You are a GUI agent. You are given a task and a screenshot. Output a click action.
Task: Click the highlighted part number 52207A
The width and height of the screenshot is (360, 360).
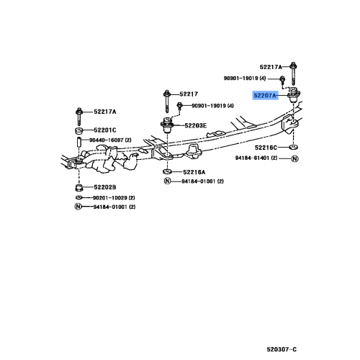click(x=265, y=96)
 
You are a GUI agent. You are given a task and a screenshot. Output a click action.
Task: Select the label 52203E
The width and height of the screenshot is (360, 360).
click(x=195, y=125)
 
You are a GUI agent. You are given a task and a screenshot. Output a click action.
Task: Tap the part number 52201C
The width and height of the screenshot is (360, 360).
click(x=105, y=130)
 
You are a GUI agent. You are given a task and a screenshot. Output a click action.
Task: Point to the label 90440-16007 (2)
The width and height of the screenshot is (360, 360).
click(x=110, y=140)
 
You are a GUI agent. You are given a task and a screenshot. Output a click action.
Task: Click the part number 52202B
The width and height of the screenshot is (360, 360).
click(x=105, y=187)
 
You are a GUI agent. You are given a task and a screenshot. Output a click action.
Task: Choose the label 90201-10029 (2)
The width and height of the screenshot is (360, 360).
click(x=114, y=198)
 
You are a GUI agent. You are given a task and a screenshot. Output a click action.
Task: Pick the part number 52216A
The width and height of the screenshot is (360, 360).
click(x=194, y=172)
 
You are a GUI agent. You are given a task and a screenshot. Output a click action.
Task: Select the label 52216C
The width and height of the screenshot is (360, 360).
click(x=266, y=148)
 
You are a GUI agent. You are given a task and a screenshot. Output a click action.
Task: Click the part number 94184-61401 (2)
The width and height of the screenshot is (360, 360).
click(x=256, y=158)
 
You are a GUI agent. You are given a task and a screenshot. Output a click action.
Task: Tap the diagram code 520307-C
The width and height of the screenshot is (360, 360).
click(x=282, y=349)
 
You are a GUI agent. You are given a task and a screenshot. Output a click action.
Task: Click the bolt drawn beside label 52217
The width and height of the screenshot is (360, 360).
click(x=167, y=102)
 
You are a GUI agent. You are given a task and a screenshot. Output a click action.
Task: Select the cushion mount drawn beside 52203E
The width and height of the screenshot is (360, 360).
click(x=167, y=125)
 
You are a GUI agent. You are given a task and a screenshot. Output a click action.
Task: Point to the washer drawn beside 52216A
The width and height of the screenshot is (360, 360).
click(x=167, y=171)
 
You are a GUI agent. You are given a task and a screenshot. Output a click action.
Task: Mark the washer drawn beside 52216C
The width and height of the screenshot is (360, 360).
click(x=293, y=147)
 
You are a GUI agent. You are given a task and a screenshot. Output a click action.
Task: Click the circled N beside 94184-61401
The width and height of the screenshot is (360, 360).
click(x=294, y=158)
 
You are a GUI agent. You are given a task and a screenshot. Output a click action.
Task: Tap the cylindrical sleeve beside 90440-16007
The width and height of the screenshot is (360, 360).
click(x=78, y=142)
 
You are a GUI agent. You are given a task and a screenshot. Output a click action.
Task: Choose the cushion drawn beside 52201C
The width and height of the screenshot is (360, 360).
click(x=78, y=131)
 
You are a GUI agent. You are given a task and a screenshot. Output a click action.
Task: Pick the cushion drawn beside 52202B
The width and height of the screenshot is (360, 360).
click(x=79, y=188)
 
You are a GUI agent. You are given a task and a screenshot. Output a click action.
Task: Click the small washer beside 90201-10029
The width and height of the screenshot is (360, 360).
click(x=78, y=197)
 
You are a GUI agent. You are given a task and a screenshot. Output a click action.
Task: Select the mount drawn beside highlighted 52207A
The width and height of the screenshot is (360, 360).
click(x=294, y=95)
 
